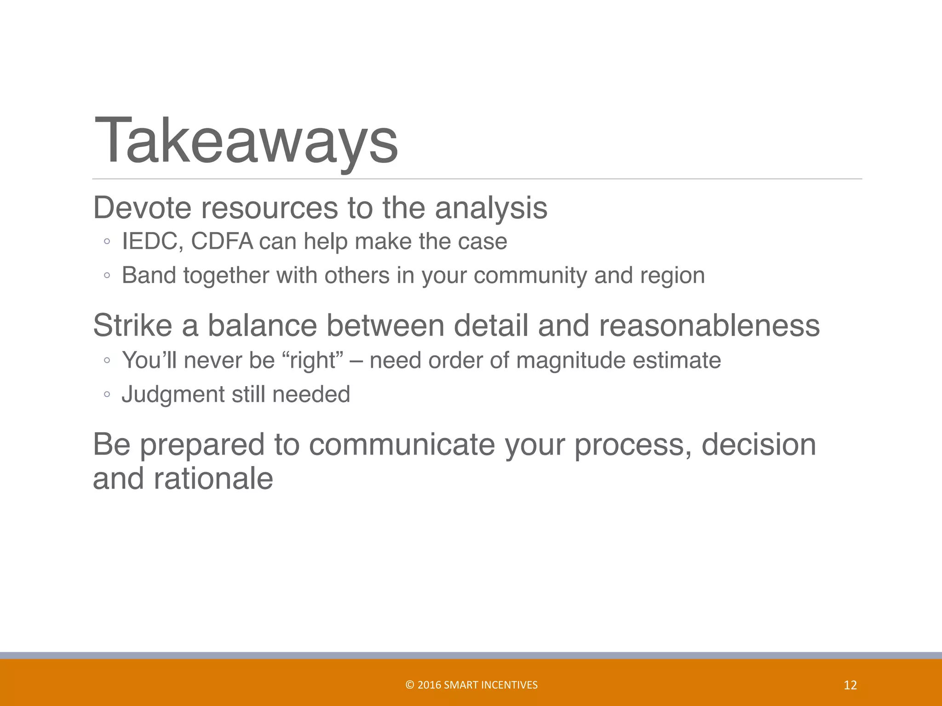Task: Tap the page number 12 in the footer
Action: [850, 685]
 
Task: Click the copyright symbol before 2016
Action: [410, 685]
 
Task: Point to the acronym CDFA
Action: [222, 241]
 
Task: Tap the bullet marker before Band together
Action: [107, 276]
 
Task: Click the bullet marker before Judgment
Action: [107, 394]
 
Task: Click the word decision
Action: [758, 445]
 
